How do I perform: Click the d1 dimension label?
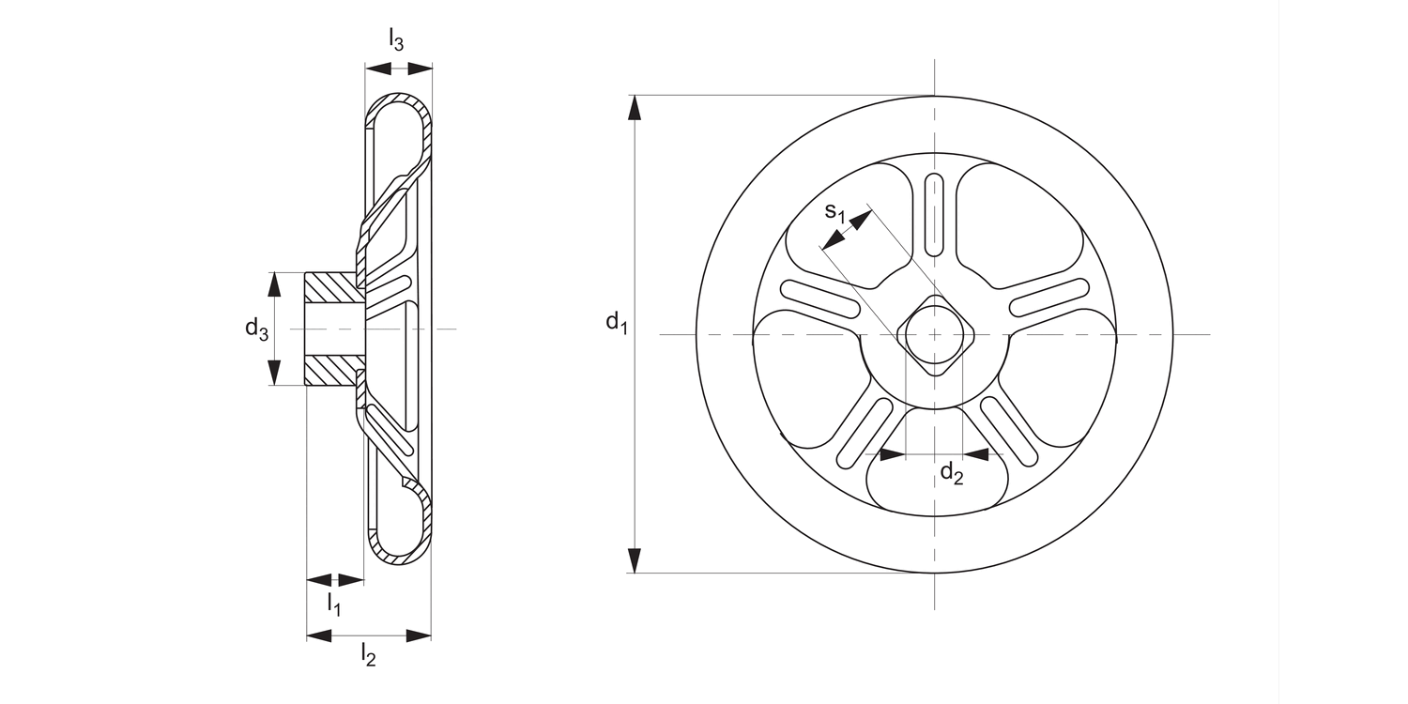pyautogui.click(x=616, y=324)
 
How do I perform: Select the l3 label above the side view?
pyautogui.click(x=397, y=39)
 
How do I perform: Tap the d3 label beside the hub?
pyautogui.click(x=256, y=328)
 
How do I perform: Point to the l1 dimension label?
pyautogui.click(x=333, y=603)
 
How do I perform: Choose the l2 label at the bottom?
pyautogui.click(x=368, y=655)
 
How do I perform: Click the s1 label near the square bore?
pyautogui.click(x=834, y=212)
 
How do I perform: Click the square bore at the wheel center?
pyautogui.click(x=934, y=334)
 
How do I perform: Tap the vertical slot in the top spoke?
pyautogui.click(x=934, y=213)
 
